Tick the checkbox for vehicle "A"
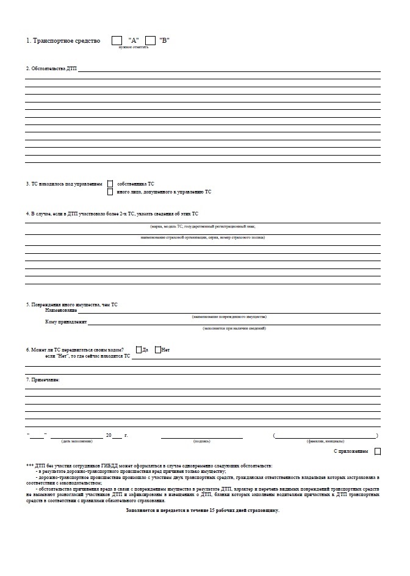[x=117, y=40]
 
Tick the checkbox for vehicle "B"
[x=150, y=40]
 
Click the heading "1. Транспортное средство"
[x=63, y=40]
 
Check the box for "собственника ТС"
[x=110, y=184]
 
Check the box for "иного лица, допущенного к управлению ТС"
[x=110, y=192]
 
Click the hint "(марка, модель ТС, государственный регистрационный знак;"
[x=202, y=226]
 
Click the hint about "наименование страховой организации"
[x=202, y=237]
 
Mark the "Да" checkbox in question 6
[x=138, y=350]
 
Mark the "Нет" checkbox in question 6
[x=158, y=350]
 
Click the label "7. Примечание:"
[x=43, y=380]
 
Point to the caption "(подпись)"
[x=201, y=441]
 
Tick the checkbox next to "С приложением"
[x=378, y=452]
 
